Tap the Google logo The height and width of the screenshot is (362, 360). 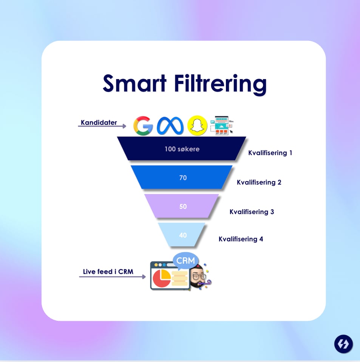pos(143,125)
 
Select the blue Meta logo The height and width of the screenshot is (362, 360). pos(170,126)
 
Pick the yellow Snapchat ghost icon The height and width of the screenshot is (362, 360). pos(197,126)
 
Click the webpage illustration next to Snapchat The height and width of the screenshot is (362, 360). pos(222,125)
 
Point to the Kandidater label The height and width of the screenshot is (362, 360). pos(99,123)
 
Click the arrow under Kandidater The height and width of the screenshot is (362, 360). pos(102,126)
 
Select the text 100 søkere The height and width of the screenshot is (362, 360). pos(182,149)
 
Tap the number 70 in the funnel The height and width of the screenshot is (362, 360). pos(183,177)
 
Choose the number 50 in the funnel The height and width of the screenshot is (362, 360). pos(183,207)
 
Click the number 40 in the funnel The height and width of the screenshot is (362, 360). pos(183,235)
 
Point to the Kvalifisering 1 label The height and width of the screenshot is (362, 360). pos(270,153)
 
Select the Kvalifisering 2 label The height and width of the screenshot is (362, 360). pos(259,182)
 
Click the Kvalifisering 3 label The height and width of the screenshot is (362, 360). pos(252,211)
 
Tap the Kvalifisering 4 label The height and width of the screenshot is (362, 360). pos(241,239)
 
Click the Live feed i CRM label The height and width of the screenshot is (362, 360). pos(108,272)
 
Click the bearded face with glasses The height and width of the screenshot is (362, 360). pos(197,278)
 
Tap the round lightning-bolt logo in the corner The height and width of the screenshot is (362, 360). pos(343,344)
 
